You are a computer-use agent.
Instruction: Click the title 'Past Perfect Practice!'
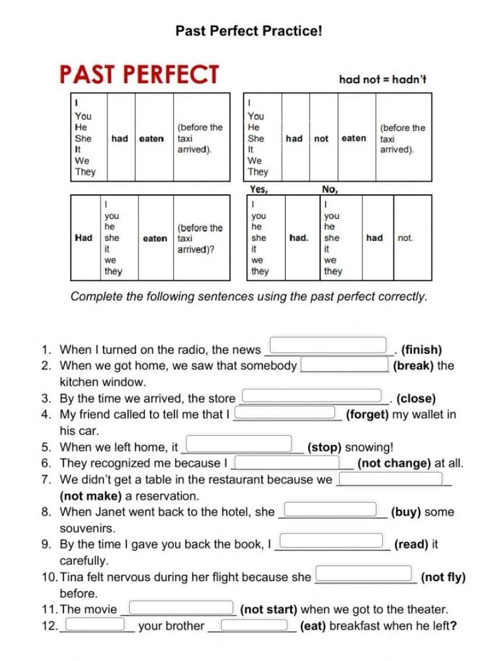click(248, 30)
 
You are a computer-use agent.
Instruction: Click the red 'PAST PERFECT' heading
click(139, 75)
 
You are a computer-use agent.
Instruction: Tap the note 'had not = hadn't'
click(383, 79)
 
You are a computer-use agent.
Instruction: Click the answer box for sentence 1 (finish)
click(329, 345)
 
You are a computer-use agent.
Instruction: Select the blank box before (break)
click(344, 364)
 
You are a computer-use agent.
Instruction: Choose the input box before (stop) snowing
click(238, 444)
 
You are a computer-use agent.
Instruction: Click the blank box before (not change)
click(286, 462)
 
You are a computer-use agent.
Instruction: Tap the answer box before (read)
click(332, 541)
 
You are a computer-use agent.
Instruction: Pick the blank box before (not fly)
click(364, 574)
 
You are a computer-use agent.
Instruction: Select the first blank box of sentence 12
click(95, 624)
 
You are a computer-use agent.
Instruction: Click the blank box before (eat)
click(254, 624)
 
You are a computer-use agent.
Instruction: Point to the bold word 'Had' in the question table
click(84, 238)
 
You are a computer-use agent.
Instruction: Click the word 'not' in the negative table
click(321, 138)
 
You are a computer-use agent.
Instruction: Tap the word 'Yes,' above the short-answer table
click(259, 189)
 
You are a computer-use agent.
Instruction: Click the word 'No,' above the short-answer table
click(330, 189)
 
